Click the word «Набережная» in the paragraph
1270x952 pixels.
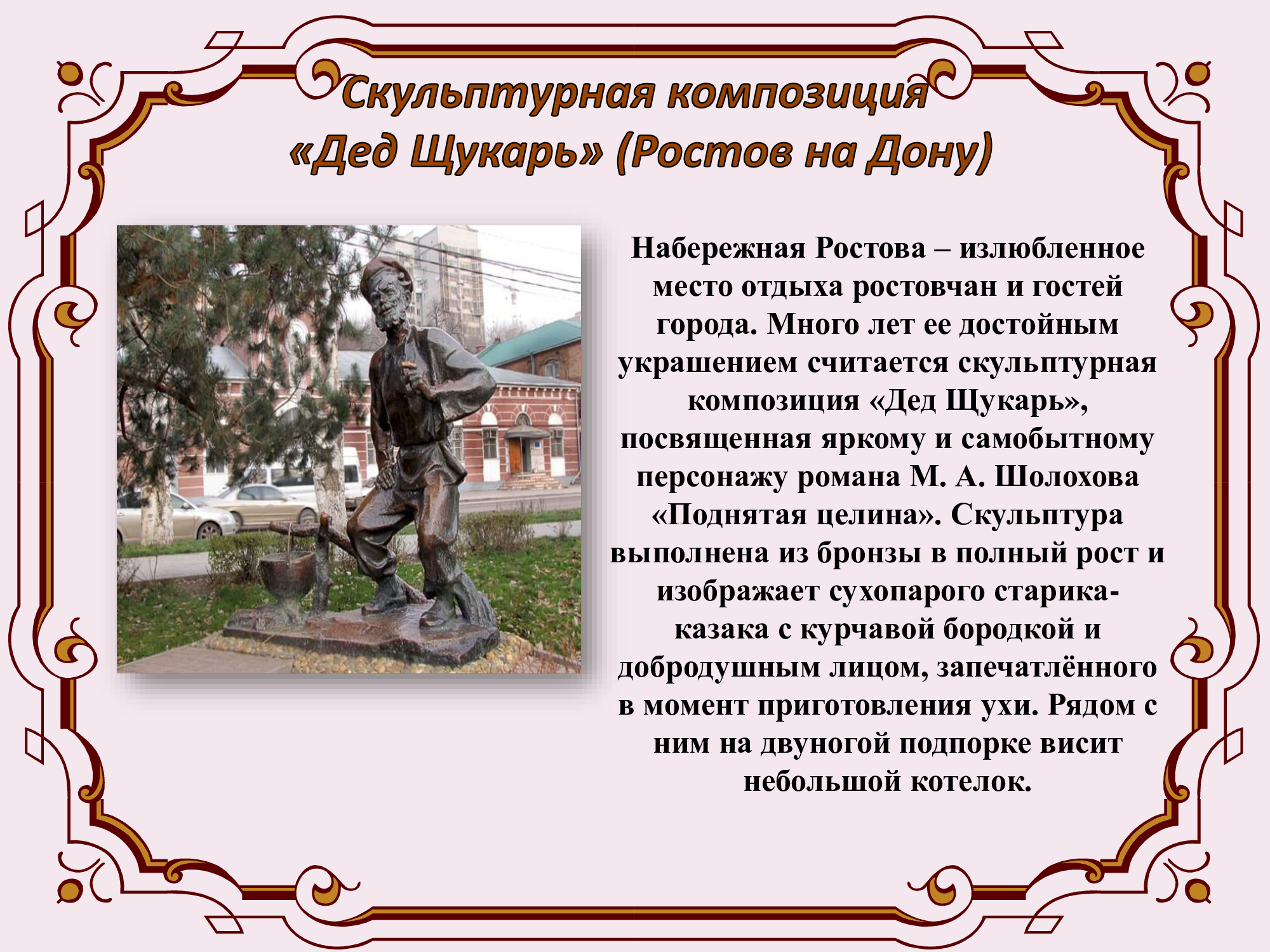tap(719, 248)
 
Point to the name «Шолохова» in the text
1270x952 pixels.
tap(1066, 477)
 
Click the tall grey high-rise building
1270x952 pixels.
tap(444, 286)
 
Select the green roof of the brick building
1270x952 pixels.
tap(530, 341)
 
